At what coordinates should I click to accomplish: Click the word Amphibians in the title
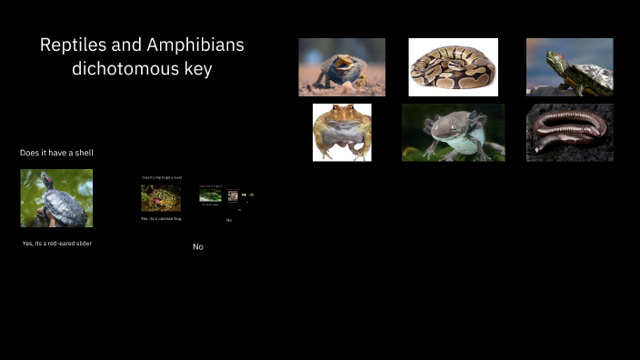(194, 45)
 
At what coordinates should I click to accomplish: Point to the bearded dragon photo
(342, 66)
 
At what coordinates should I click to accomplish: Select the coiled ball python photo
(453, 66)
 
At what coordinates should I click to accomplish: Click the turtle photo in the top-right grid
(569, 66)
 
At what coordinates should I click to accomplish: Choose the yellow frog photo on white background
(342, 132)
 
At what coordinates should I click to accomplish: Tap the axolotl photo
(453, 132)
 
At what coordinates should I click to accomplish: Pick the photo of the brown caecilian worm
(569, 132)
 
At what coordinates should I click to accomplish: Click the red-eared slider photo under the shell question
(56, 197)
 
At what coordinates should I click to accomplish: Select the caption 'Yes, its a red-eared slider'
(56, 244)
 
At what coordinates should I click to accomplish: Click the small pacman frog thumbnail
(161, 197)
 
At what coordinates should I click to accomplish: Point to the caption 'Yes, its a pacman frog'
(161, 218)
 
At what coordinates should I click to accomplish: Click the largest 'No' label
(197, 247)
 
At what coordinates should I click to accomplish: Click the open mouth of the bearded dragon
(344, 63)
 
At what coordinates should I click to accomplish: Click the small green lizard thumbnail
(210, 195)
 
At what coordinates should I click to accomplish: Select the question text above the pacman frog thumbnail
(161, 177)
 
